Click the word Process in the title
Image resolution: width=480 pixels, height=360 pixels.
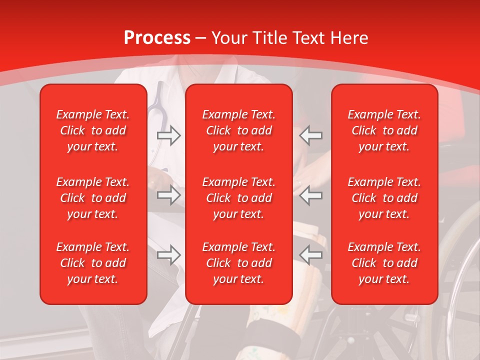157,38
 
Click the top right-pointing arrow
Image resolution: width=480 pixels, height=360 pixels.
168,135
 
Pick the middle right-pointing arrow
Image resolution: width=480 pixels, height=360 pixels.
168,195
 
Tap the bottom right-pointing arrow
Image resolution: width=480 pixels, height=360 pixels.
168,255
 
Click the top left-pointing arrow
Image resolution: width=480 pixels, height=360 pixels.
311,135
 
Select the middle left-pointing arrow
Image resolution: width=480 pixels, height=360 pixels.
311,195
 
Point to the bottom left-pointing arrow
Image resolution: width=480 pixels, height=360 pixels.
311,255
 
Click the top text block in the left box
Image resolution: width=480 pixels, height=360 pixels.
93,130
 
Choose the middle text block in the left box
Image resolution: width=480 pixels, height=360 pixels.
93,198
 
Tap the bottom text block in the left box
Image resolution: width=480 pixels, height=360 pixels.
93,263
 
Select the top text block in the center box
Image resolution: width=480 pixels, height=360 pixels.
239,130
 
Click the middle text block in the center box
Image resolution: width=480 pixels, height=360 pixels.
239,198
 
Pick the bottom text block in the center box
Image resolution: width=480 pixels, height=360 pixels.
239,263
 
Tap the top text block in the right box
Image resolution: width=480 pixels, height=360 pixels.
384,130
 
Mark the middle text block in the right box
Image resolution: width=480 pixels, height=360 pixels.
384,198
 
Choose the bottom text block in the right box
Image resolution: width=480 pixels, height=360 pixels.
384,263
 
